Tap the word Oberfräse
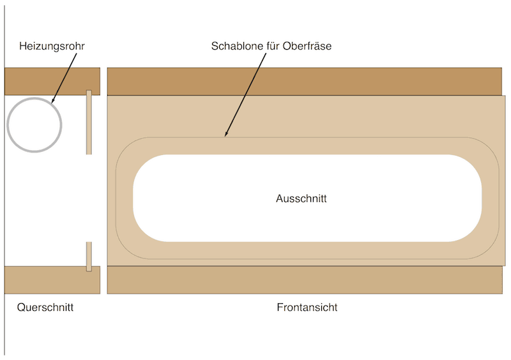coord(307,47)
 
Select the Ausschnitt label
coord(301,199)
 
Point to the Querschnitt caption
coord(45,308)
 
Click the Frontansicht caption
coord(307,308)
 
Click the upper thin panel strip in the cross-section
coord(89,121)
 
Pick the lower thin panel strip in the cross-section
coord(89,256)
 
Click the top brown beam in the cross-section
coord(52,81)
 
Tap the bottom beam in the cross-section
coord(52,280)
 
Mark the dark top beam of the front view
coord(304,81)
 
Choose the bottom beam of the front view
coord(304,280)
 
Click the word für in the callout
coord(271,47)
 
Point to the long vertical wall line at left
coord(4,191)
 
